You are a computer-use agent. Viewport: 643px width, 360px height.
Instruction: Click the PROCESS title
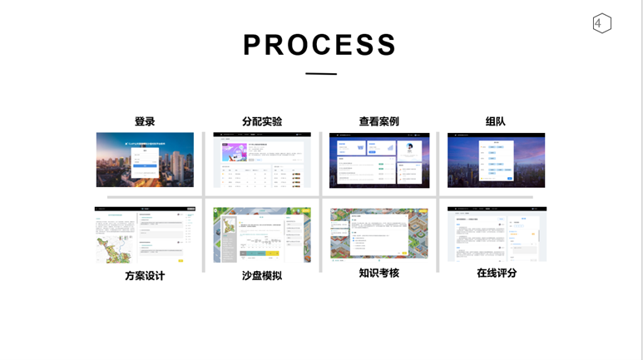(319, 45)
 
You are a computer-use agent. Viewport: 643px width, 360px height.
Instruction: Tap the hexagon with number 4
(601, 23)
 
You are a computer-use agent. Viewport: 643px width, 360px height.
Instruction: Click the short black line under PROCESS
(320, 74)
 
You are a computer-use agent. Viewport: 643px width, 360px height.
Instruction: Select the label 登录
(145, 121)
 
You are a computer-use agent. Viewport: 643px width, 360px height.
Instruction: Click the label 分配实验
(262, 121)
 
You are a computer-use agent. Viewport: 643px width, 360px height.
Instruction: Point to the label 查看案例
(379, 121)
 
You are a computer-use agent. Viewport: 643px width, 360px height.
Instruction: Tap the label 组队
(496, 121)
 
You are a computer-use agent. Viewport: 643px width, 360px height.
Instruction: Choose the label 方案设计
(145, 275)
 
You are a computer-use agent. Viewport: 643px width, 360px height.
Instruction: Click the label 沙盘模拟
(262, 275)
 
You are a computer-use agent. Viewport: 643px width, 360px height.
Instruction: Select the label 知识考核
(379, 273)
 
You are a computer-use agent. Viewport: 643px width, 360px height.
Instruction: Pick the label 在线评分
(497, 273)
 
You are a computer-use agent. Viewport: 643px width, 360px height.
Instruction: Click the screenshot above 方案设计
(145, 235)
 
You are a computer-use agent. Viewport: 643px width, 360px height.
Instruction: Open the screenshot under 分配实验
(262, 160)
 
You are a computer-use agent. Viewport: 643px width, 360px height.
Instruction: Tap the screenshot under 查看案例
(379, 160)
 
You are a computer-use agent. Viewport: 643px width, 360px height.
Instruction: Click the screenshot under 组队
(496, 160)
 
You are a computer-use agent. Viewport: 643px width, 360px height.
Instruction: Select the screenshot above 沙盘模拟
(262, 235)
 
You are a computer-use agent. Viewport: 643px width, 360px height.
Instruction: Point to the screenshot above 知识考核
(379, 234)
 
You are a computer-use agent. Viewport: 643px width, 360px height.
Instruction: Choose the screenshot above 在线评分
(497, 234)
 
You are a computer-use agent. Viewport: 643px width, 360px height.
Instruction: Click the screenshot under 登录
(145, 160)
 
